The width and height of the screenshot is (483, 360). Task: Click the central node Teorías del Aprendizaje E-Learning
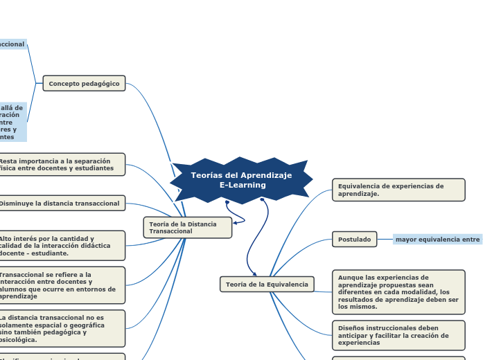242,180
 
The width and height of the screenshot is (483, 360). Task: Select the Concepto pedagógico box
84,84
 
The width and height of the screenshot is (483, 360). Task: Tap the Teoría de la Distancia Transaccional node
182,227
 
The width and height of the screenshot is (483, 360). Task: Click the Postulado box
354,240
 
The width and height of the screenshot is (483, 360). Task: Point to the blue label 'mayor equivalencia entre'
437,240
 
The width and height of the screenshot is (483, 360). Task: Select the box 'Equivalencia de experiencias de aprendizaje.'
398,190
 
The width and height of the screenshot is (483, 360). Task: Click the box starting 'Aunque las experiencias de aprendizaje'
398,292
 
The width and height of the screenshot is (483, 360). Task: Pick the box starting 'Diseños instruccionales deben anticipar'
398,335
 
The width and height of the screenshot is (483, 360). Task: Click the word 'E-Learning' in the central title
243,186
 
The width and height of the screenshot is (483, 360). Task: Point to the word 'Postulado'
354,240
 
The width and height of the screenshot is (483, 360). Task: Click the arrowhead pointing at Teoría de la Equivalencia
254,274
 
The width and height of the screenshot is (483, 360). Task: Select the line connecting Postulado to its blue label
385,240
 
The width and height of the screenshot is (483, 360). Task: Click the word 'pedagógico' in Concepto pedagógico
100,84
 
